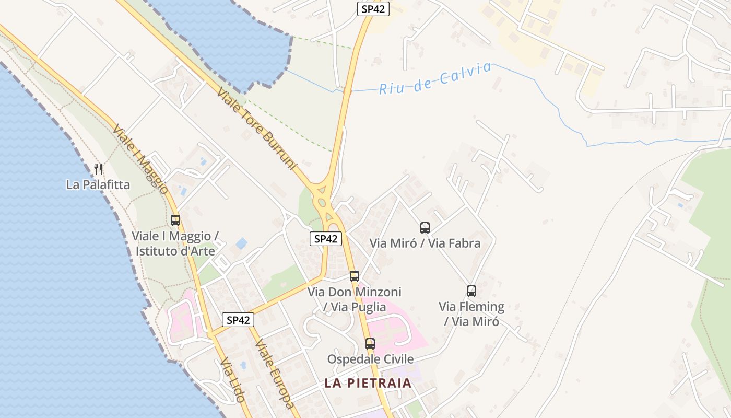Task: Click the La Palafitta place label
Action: point(98,185)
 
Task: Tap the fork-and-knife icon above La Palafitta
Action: point(98,169)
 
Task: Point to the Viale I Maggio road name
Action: point(139,159)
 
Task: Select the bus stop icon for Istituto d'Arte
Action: point(175,220)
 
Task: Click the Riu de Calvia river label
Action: point(435,79)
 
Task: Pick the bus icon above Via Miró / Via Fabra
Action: point(425,228)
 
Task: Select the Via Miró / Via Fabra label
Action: point(425,243)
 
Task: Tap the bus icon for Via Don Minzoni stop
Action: point(355,276)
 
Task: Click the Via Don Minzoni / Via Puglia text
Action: point(355,299)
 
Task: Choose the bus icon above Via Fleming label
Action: point(471,291)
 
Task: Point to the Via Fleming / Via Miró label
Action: point(471,313)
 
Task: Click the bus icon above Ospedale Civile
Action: point(370,344)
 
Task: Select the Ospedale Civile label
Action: point(370,359)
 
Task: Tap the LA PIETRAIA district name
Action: point(368,383)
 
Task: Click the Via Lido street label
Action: point(233,380)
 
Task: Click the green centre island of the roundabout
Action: point(322,203)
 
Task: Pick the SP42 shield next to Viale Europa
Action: point(238,320)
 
